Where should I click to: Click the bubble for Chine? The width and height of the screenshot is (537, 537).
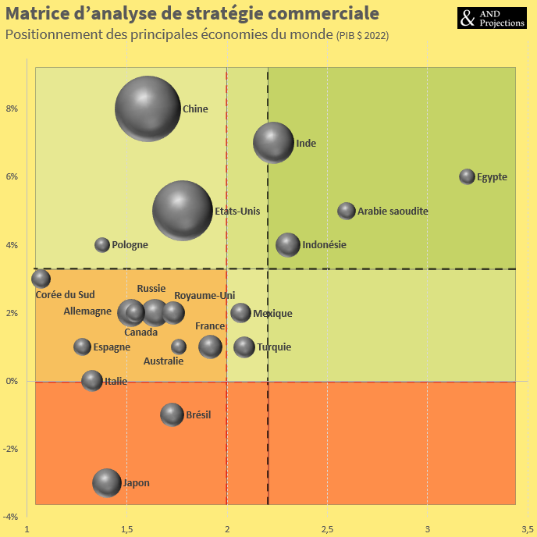[x=148, y=108]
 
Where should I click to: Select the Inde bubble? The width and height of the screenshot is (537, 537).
[x=273, y=143]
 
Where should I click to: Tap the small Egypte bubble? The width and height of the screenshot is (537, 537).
[x=467, y=176]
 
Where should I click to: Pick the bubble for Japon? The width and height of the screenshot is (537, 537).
[x=107, y=483]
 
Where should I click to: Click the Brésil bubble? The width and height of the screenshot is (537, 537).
[x=172, y=414]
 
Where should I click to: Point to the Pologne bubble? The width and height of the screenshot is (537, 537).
[x=102, y=244]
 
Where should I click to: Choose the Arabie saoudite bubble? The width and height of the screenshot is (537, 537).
[x=347, y=211]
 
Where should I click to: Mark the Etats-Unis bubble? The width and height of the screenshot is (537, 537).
[x=182, y=210]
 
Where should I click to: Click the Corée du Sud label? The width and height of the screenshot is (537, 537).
[x=66, y=294]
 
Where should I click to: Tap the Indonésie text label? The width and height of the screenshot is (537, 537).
[x=324, y=244]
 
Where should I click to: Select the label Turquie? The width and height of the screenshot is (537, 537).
[x=274, y=347]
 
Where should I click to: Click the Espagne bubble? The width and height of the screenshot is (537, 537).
[x=82, y=347]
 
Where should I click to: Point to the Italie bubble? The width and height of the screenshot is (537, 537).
[x=92, y=381]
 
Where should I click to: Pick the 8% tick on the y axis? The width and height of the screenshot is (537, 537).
[x=12, y=108]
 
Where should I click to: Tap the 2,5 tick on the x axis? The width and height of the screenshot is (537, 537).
[x=327, y=529]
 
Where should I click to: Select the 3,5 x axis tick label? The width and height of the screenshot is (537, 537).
[x=527, y=529]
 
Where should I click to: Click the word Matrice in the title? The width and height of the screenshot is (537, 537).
[x=38, y=14]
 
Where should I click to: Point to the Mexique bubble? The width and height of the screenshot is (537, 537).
[x=240, y=313]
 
